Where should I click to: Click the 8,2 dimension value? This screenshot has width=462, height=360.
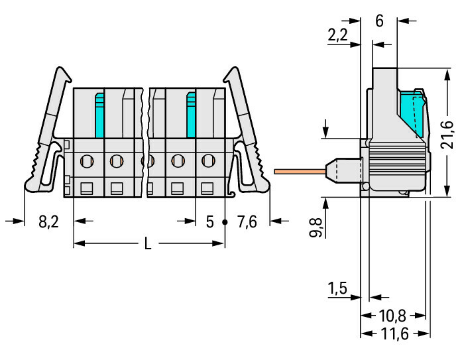tap(48, 222)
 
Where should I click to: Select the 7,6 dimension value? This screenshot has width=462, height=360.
tap(247, 222)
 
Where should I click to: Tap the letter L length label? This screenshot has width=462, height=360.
tap(148, 244)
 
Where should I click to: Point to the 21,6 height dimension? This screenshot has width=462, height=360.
tap(447, 135)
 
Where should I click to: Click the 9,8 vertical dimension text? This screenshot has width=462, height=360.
tap(316, 227)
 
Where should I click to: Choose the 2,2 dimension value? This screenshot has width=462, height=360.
tap(337, 35)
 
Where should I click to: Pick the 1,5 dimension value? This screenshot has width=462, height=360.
tap(337, 288)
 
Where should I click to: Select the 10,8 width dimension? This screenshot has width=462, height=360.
tap(392, 316)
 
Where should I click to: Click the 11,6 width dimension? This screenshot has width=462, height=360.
tap(395, 333)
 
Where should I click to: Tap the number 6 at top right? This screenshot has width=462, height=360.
tap(380, 21)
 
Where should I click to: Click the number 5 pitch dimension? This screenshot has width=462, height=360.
tap(209, 222)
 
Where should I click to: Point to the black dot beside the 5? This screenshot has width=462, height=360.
tap(225, 222)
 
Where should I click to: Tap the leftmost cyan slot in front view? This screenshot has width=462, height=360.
tap(99, 115)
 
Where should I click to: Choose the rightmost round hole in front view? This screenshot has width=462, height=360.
tap(208, 161)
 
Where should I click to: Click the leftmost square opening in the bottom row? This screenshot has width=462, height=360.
tap(87, 188)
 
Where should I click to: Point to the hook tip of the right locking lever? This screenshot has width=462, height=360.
tap(225, 80)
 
